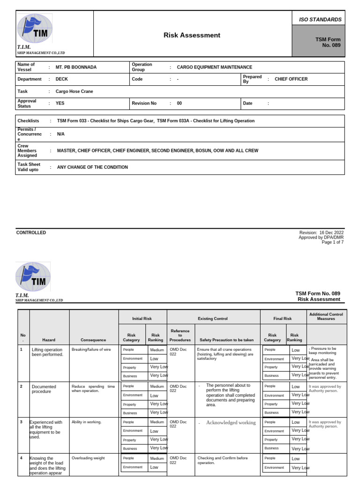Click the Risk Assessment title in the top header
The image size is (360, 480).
click(x=192, y=35)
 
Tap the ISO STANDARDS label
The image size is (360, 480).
click(x=320, y=19)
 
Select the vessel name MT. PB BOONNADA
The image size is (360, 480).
click(x=76, y=67)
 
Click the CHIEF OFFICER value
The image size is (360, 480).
click(x=291, y=79)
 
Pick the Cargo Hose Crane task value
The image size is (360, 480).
click(x=75, y=91)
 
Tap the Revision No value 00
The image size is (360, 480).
click(x=179, y=103)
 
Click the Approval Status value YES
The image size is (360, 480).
click(x=60, y=103)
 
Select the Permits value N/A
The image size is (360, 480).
click(x=61, y=134)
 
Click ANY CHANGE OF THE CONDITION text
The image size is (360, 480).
click(x=92, y=167)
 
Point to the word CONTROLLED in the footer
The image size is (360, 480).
click(x=31, y=232)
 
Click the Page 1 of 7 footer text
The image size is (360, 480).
click(x=332, y=242)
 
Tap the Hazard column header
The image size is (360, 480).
click(x=49, y=340)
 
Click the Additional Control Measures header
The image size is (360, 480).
click(x=326, y=316)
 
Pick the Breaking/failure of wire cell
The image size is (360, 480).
click(x=91, y=349)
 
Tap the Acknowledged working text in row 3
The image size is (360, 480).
click(x=231, y=422)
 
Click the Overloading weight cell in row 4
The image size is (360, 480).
click(x=88, y=458)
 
